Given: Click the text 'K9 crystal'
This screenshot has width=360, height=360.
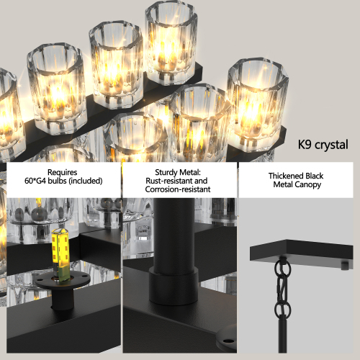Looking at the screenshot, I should point(323,145).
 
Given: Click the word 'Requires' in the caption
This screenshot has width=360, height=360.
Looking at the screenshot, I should point(62,173).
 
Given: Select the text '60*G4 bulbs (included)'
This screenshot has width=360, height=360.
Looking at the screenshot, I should point(62,181).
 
